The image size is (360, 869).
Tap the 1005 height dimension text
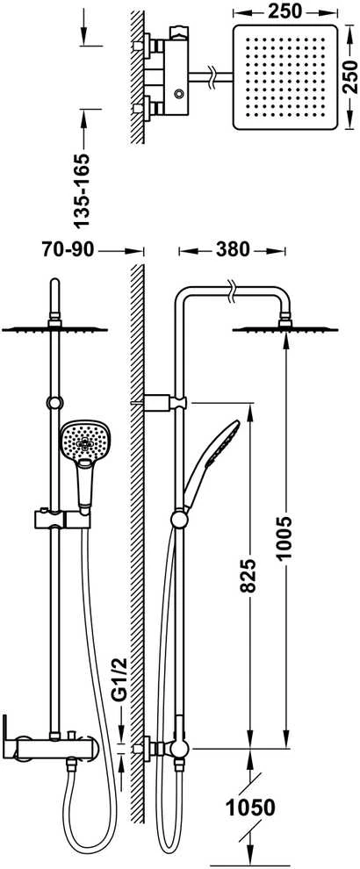pyautogui.click(x=284, y=539)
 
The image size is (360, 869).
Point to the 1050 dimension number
pyautogui.click(x=249, y=808)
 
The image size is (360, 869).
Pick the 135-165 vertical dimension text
pyautogui.click(x=82, y=190)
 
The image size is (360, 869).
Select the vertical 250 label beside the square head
pyautogui.click(x=349, y=76)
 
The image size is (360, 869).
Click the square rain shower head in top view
pyautogui.click(x=285, y=77)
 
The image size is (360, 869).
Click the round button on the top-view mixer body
pyautogui.click(x=178, y=94)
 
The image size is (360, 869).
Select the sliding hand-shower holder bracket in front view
pyautogui.click(x=62, y=520)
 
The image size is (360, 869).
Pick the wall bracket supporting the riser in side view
pyautogui.click(x=165, y=401)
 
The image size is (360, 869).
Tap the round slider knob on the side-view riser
pyautogui.click(x=178, y=520)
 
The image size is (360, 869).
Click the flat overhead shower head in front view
pyautogui.click(x=54, y=329)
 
